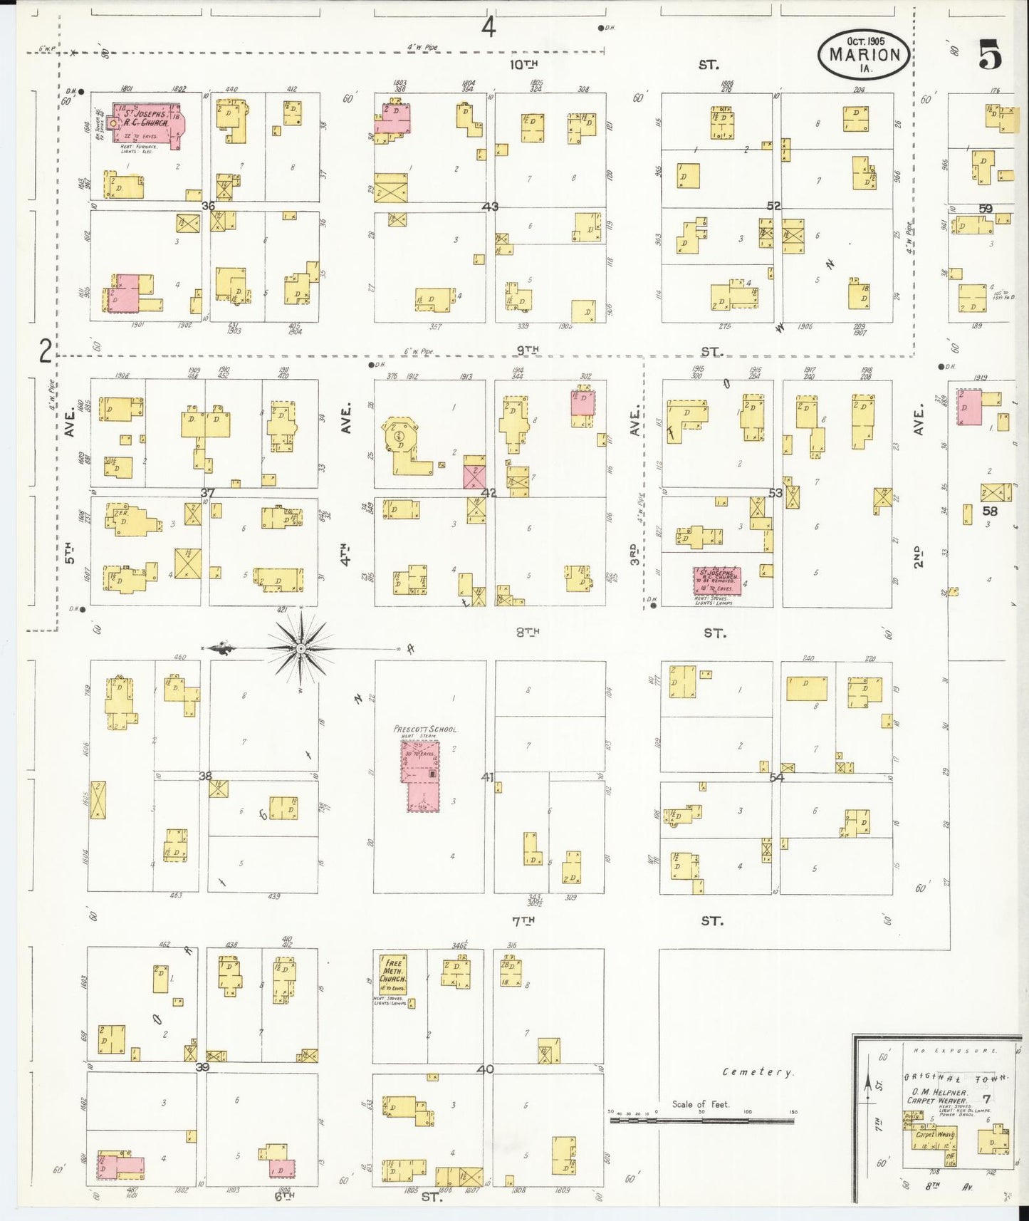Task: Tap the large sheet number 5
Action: tap(990, 55)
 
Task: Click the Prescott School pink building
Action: tap(422, 776)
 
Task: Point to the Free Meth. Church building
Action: tap(393, 974)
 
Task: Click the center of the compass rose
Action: tap(301, 649)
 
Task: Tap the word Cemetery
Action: tap(757, 1071)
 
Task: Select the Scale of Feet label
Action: tap(701, 1104)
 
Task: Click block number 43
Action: tap(490, 207)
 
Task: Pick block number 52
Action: tap(774, 206)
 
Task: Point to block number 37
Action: tap(207, 492)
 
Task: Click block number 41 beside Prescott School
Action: tap(487, 777)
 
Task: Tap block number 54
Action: tap(776, 777)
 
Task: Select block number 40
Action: tap(486, 1069)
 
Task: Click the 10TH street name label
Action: tap(523, 64)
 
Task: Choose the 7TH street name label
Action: tap(523, 920)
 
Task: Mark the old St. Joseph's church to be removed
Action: tap(717, 581)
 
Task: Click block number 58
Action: tap(990, 510)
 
